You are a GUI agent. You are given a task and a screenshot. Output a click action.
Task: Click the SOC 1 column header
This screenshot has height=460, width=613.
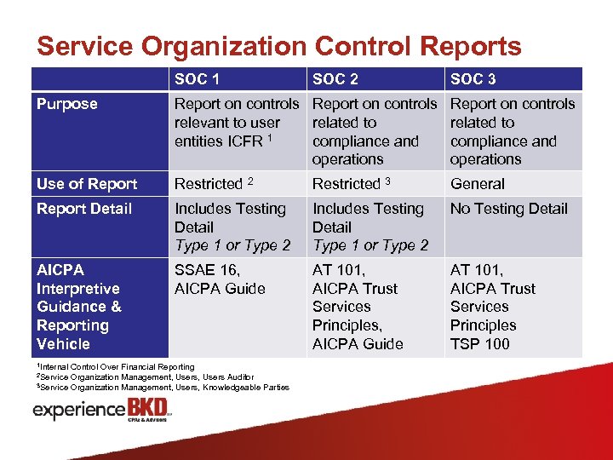point(197,79)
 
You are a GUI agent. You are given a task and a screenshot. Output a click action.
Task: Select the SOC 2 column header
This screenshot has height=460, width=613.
point(335,79)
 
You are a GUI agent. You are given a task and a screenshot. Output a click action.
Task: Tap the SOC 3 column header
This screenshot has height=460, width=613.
point(473,79)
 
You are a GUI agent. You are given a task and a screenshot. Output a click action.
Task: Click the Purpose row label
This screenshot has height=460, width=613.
point(66,104)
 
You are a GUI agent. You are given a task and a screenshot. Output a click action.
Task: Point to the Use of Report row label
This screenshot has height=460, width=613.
point(86,184)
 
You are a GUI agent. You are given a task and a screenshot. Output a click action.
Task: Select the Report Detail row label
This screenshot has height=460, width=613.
point(84,209)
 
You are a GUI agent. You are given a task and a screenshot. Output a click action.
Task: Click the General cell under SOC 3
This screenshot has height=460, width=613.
point(477,184)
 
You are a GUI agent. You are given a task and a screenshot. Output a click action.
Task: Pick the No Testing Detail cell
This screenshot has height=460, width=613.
point(508,209)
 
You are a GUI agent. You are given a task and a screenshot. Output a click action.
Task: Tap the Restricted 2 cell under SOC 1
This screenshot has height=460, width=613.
point(214,184)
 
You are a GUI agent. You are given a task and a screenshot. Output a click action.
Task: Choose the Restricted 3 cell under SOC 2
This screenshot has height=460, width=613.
point(351,184)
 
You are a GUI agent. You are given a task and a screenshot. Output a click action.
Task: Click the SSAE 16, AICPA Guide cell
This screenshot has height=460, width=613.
point(220,279)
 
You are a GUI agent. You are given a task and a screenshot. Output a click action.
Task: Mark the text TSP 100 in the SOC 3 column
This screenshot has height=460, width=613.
point(479,344)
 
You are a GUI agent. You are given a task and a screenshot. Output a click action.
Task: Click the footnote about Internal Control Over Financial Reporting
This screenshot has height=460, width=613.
point(115,366)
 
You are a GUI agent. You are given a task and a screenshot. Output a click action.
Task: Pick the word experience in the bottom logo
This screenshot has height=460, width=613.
point(78,411)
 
